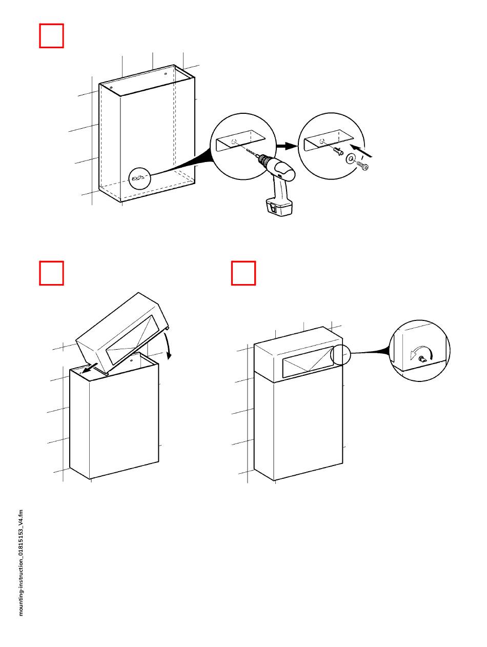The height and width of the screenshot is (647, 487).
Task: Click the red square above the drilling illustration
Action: pyautogui.click(x=51, y=35)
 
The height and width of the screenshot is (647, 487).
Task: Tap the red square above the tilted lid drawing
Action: pyautogui.click(x=51, y=273)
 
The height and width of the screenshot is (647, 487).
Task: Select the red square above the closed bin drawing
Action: pyautogui.click(x=243, y=273)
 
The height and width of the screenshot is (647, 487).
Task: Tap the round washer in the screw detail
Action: pyautogui.click(x=352, y=159)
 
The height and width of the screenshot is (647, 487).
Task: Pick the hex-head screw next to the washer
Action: pyautogui.click(x=364, y=166)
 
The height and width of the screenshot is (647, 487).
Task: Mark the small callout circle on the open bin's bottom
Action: pyautogui.click(x=139, y=179)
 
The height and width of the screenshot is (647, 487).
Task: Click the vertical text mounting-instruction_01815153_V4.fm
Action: pyautogui.click(x=21, y=562)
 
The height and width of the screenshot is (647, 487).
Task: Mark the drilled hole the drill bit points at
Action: pyautogui.click(x=234, y=142)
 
